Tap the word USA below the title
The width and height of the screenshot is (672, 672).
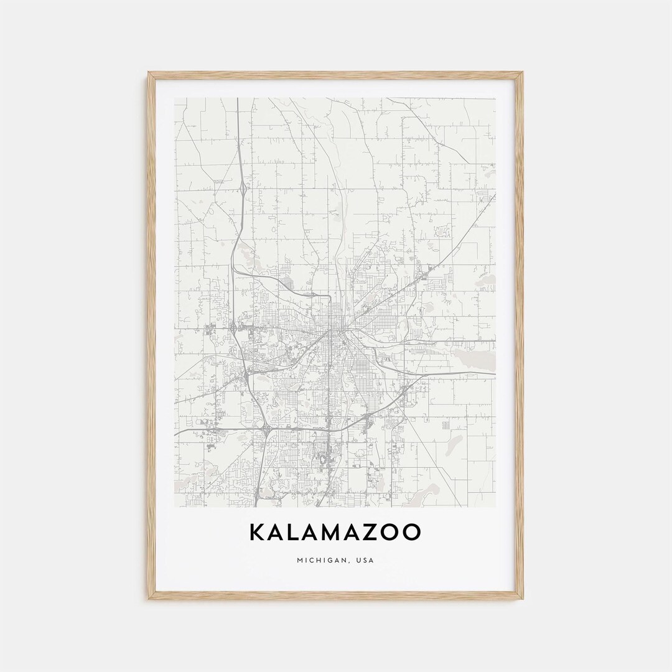click(x=365, y=560)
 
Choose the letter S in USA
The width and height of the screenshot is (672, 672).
click(x=365, y=560)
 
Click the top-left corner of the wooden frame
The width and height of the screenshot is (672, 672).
click(x=149, y=73)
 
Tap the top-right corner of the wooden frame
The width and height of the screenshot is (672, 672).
click(x=522, y=73)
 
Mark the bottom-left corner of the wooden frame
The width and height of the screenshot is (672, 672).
click(x=149, y=599)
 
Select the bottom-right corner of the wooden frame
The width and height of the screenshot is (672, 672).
click(x=522, y=599)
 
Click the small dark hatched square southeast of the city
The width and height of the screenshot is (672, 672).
click(x=446, y=424)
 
